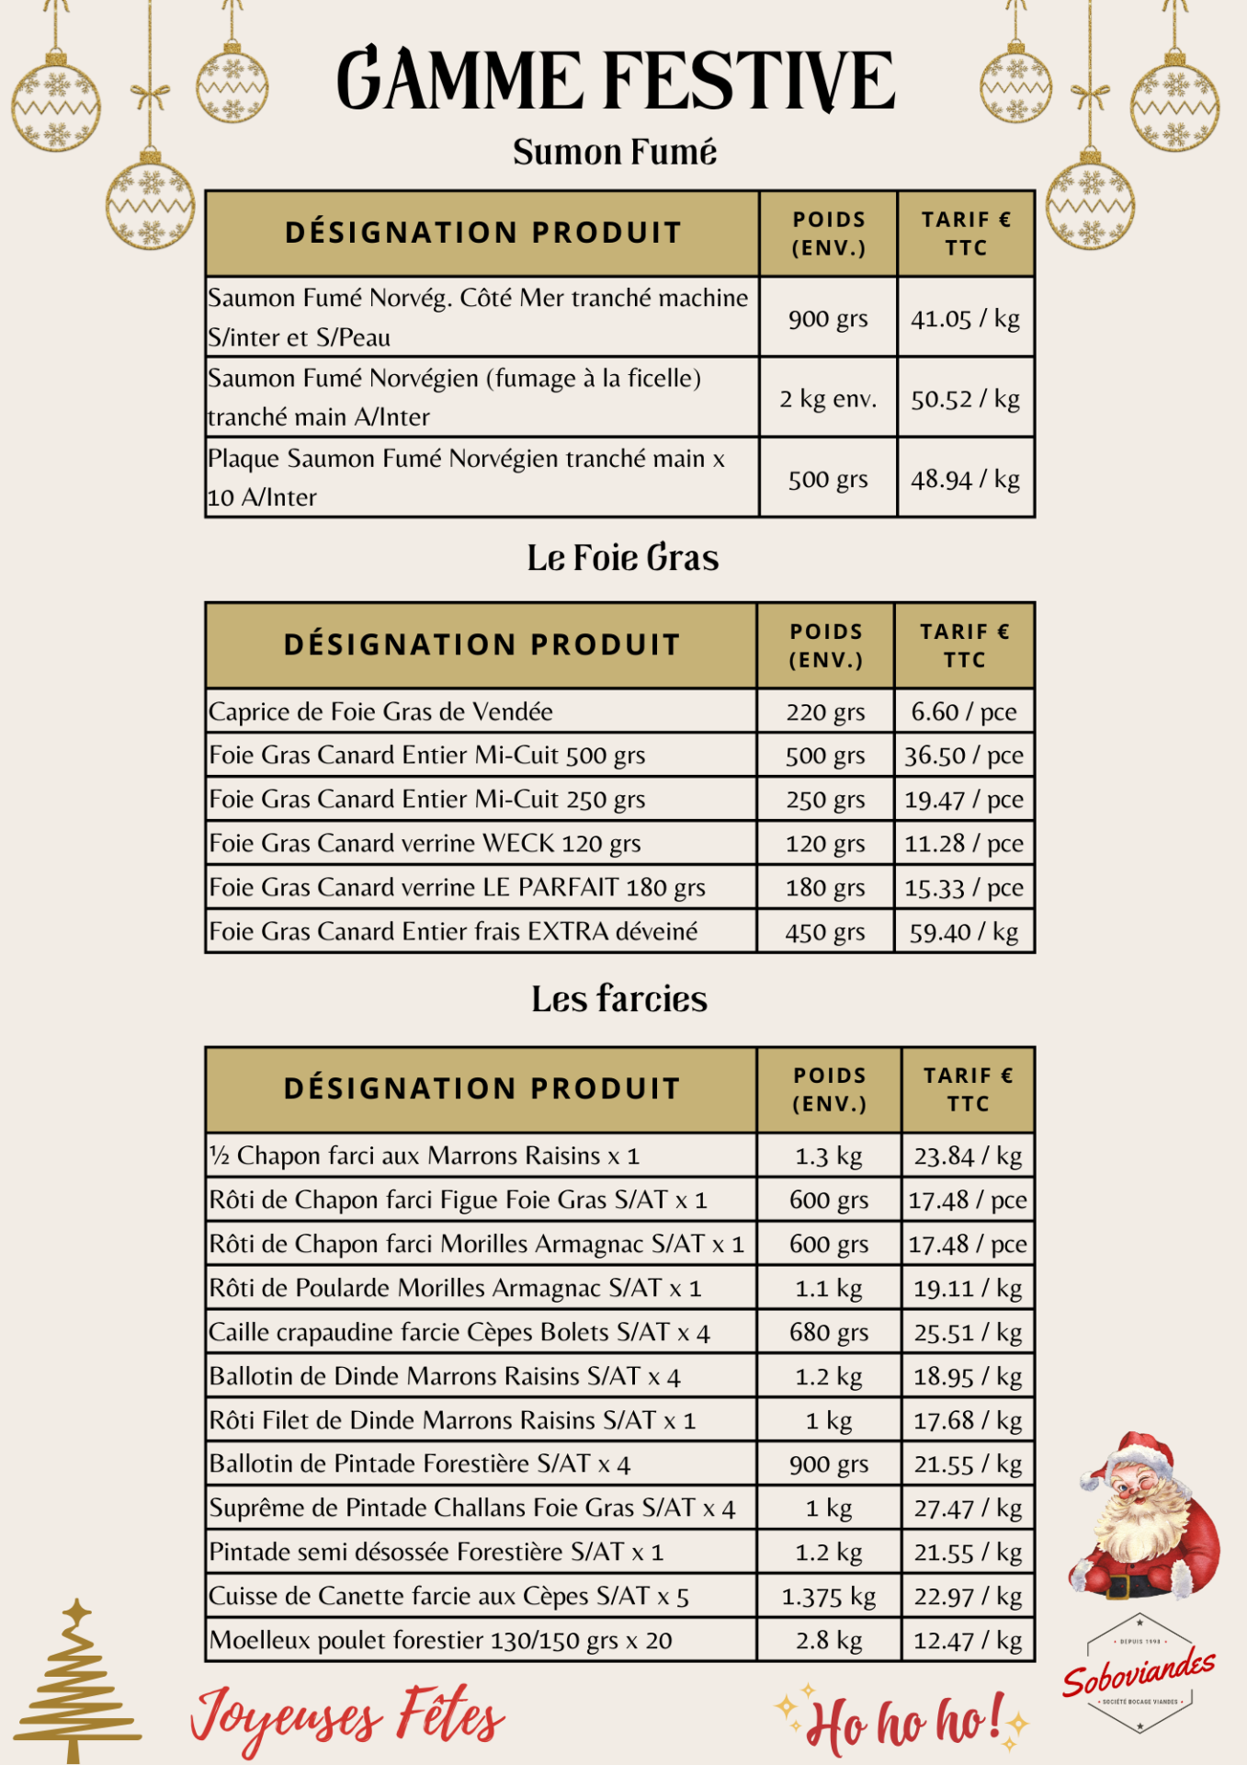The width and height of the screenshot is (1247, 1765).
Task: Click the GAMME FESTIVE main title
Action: pos(616,80)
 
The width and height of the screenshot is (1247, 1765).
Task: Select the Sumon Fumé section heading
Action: pos(614,153)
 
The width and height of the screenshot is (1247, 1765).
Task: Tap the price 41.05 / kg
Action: pos(965,318)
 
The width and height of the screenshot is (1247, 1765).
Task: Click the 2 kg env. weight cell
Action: pos(828,399)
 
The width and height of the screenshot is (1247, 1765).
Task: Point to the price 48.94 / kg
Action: pos(965,479)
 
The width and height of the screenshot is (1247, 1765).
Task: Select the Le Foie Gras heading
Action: pos(622,558)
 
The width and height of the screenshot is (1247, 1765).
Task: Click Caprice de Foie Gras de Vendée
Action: pos(380,712)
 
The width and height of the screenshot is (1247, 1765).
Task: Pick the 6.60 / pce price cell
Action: pos(963,712)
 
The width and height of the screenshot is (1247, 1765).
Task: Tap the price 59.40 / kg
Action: pos(963,932)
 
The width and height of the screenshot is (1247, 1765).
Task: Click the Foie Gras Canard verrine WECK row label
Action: pos(425,843)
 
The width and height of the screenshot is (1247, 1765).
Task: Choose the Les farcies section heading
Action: pos(619,999)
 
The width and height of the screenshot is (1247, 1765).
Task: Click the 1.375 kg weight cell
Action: pos(828,1597)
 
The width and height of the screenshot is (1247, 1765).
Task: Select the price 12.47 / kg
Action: pos(967,1641)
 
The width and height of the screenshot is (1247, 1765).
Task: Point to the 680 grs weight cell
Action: pos(828,1332)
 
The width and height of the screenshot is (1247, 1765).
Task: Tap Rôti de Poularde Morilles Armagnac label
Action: pos(455,1288)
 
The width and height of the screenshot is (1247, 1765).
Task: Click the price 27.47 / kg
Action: pos(967,1509)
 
